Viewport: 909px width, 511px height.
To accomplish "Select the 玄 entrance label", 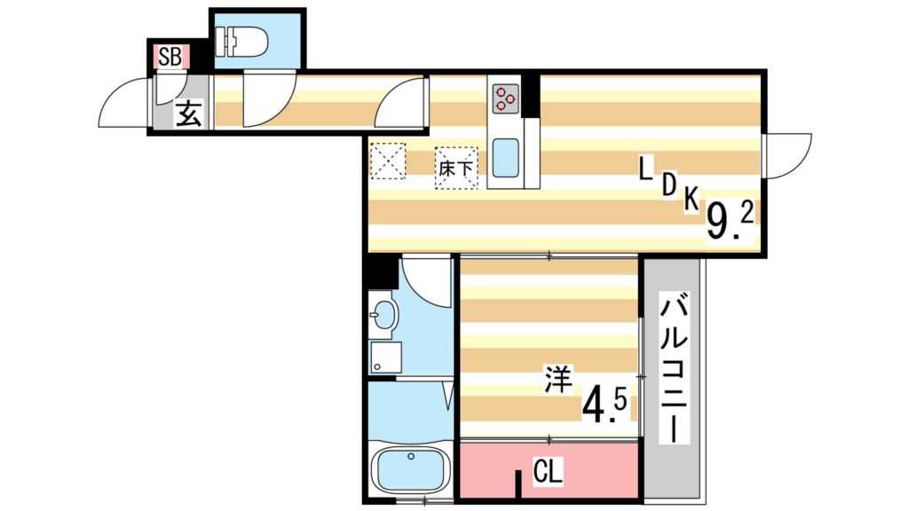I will [x=186, y=114].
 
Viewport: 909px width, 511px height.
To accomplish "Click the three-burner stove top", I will [x=506, y=98].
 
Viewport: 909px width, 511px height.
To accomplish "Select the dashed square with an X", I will [x=388, y=161].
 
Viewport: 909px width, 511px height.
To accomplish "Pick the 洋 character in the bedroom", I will [x=557, y=387].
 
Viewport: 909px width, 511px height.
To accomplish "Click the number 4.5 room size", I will [x=605, y=405].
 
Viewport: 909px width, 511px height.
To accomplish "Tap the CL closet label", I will [x=547, y=471].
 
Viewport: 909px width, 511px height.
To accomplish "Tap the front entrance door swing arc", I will [x=124, y=102].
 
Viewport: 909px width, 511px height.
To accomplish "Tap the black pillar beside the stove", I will [x=531, y=96].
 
